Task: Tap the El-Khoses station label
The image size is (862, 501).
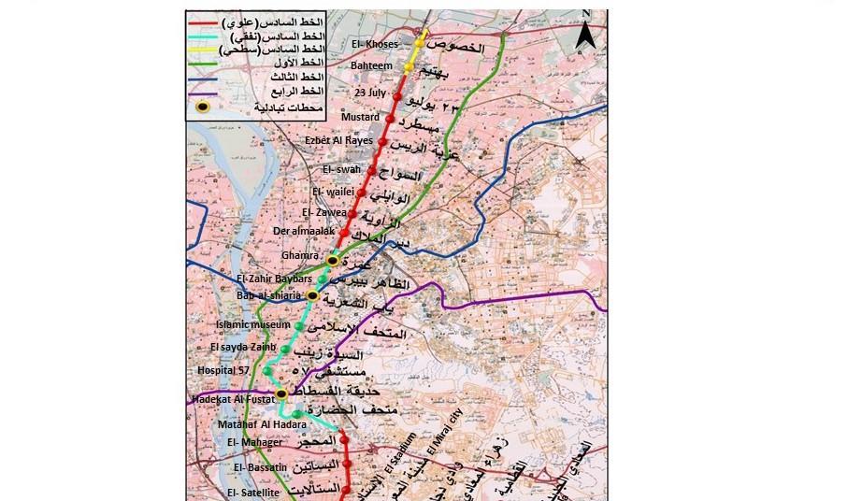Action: [x=374, y=45]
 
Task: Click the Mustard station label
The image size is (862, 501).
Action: [x=362, y=117]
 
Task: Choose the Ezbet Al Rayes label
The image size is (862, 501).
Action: [x=338, y=140]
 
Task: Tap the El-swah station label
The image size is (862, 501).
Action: [x=341, y=169]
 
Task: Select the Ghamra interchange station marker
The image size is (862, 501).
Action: [x=332, y=260]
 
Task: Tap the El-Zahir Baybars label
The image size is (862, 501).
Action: [x=276, y=279]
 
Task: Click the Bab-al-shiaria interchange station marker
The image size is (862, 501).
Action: [x=313, y=296]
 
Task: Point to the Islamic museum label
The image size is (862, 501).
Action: [x=246, y=324]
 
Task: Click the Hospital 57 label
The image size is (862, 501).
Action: [x=223, y=371]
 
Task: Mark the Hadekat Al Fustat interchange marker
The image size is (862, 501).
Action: [x=280, y=394]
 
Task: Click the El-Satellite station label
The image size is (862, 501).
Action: [x=253, y=492]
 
